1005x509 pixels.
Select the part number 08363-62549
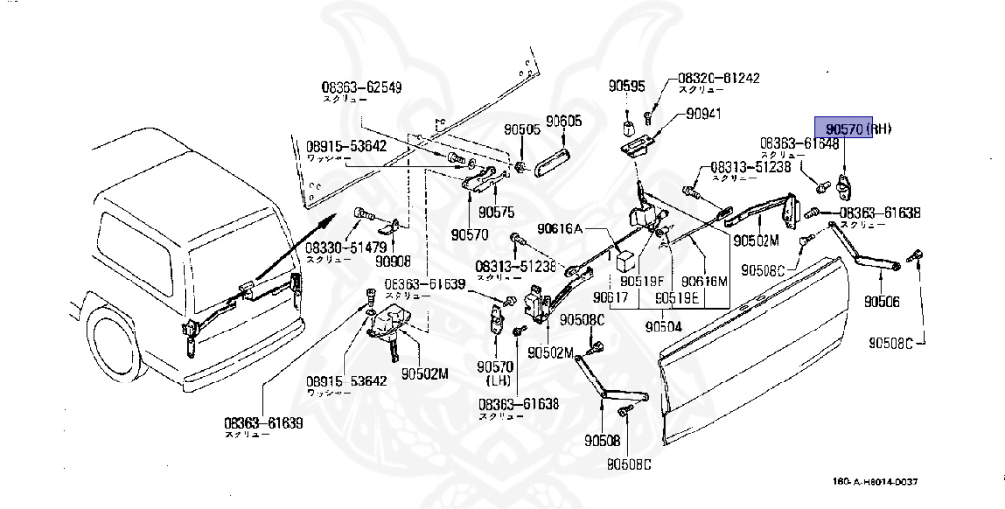click(361, 87)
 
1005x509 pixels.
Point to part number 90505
click(523, 128)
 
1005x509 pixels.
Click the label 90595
click(626, 86)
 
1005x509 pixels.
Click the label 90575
click(497, 211)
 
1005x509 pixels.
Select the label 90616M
click(705, 280)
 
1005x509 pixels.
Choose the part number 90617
click(610, 296)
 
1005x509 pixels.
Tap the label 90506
click(881, 301)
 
